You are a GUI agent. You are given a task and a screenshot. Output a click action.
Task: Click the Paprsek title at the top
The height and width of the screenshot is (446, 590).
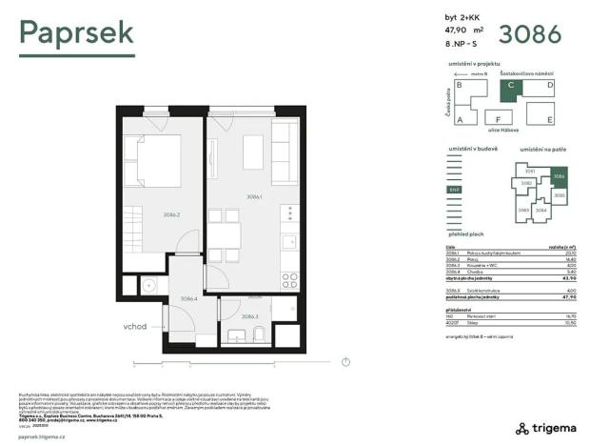click(x=77, y=34)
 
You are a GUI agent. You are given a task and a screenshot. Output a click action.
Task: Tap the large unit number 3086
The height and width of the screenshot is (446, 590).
click(x=528, y=35)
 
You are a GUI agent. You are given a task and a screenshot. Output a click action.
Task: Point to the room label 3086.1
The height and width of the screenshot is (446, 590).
click(x=254, y=197)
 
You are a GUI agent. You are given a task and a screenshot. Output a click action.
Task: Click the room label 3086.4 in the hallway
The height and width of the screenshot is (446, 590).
click(x=188, y=297)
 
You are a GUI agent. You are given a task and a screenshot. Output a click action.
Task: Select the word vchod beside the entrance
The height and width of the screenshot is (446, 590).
click(x=134, y=326)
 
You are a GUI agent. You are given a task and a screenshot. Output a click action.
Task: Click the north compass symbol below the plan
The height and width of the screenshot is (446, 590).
click(x=346, y=361)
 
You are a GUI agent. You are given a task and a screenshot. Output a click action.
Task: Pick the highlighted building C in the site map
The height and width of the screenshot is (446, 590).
click(x=511, y=87)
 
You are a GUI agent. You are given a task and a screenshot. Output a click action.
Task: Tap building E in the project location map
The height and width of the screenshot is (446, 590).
click(x=550, y=119)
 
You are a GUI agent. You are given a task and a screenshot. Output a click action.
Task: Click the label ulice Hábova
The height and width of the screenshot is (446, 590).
click(x=505, y=129)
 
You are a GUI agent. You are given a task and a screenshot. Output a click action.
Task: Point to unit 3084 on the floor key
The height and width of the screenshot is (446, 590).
click(x=541, y=210)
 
